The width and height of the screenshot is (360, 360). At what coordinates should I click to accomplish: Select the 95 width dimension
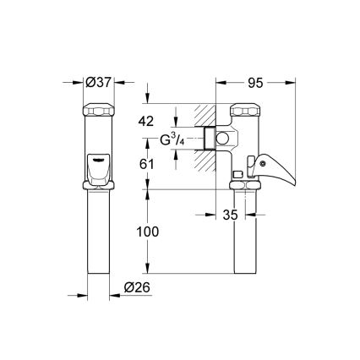tap(257, 83)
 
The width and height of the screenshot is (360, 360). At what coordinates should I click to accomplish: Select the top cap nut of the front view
tap(98, 111)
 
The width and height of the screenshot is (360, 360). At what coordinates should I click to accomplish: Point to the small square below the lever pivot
tap(237, 175)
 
